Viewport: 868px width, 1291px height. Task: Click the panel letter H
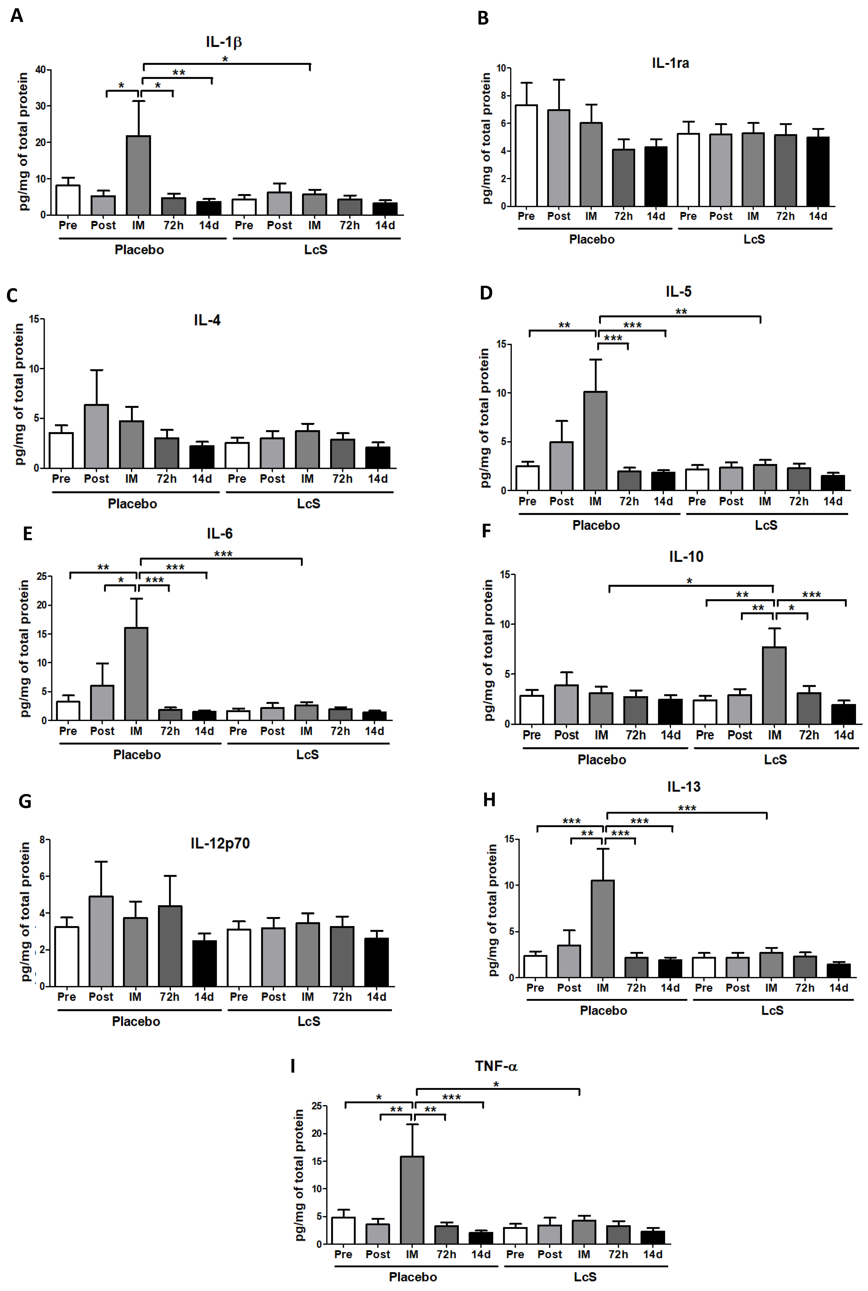pos(489,800)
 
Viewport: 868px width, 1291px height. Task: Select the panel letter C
pos(12,295)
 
